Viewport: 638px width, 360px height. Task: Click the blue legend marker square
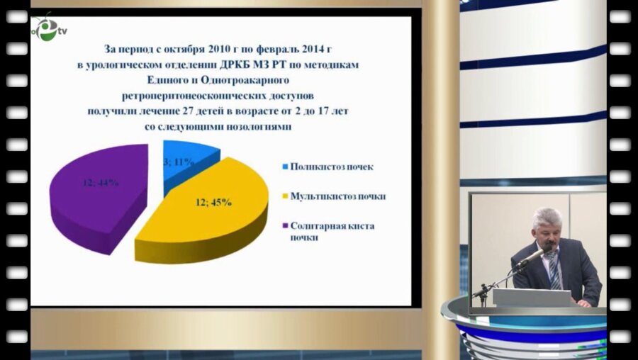coord(285,167)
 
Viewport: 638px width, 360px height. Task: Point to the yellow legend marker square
coord(285,196)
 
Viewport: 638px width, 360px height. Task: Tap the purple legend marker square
coord(285,225)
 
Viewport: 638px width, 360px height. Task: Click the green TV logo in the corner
coord(48,30)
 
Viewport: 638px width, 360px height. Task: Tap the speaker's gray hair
coord(547,216)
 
